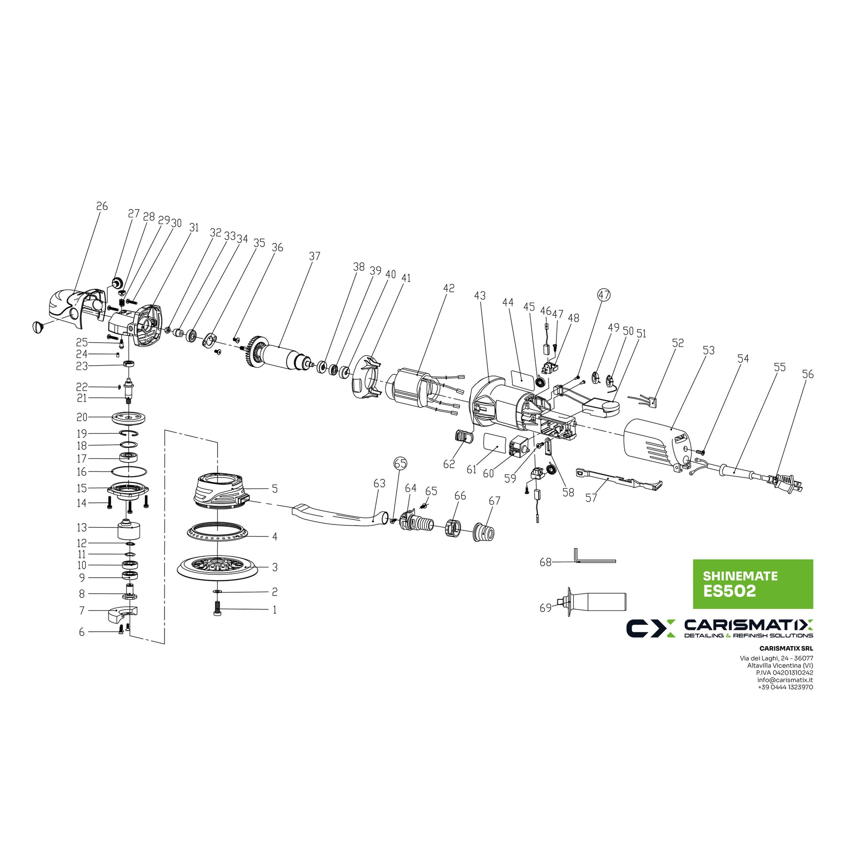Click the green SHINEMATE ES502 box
pos(753,584)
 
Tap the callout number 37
pos(314,256)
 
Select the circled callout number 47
pos(604,295)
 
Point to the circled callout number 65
pos(400,463)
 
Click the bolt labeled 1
pos(217,609)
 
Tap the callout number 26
pos(102,206)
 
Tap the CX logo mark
pos(650,628)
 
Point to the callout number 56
pos(808,375)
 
